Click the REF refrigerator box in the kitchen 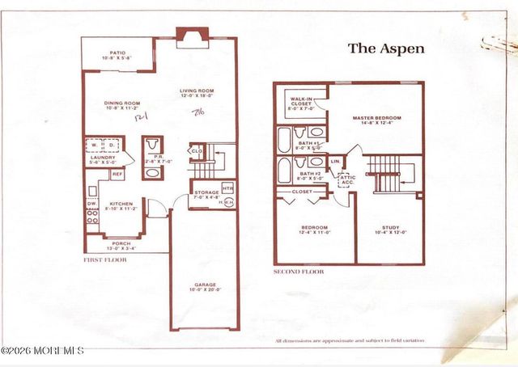(117, 174)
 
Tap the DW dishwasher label (91, 204)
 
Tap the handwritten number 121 (139, 117)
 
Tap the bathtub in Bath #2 (284, 171)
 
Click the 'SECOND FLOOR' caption (299, 272)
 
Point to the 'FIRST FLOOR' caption (106, 260)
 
